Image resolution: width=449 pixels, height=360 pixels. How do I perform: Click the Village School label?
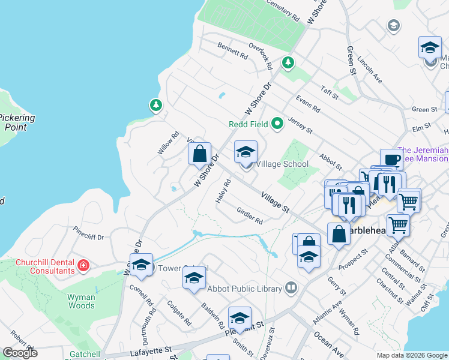coord(282,164)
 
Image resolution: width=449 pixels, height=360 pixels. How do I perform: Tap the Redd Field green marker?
coord(277,124)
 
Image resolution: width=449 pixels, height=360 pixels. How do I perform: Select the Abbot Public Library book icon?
coord(291,289)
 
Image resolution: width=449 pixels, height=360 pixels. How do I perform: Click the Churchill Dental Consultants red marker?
coord(83,265)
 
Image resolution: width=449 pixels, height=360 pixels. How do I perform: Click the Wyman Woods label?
coord(81,301)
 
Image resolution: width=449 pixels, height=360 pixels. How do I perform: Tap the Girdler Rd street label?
coord(250,216)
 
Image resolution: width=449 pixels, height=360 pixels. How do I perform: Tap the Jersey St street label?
coord(301,125)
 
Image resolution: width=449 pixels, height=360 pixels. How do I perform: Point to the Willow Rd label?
coord(169,144)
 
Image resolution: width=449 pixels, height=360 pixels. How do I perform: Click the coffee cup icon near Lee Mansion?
coord(391,160)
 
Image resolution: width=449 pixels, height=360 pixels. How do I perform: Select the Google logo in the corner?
coord(20,353)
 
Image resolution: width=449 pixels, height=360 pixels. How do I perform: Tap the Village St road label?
coord(275,202)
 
